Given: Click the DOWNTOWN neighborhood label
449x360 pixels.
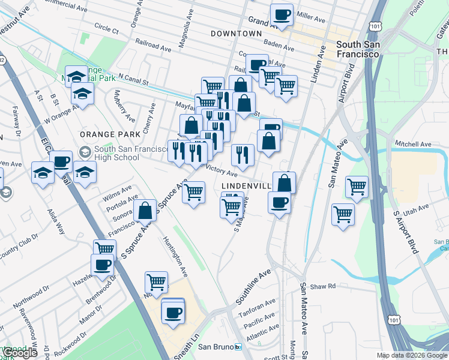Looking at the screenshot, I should (237, 34).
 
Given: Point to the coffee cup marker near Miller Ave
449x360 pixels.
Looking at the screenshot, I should (282, 14).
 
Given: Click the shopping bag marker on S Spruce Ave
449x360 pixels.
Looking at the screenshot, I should (145, 211).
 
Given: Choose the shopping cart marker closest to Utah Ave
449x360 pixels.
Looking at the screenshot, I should (343, 214).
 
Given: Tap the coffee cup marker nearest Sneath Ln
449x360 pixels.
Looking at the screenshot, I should (173, 312).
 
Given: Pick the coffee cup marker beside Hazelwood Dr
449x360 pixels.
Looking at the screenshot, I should (102, 264).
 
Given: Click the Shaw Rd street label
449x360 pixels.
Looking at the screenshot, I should (323, 286).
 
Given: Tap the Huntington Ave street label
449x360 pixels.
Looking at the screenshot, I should (175, 256).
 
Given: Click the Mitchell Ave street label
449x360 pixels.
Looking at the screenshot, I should (413, 145).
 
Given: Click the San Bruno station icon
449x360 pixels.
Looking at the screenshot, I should (238, 347).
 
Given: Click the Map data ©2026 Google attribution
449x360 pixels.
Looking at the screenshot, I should (411, 355).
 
